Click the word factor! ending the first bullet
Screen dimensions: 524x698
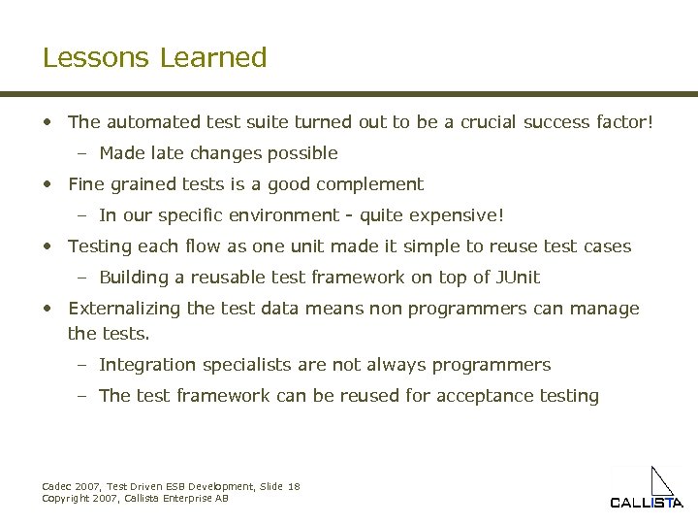click(x=620, y=122)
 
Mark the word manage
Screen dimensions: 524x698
click(x=606, y=309)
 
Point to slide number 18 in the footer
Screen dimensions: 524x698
click(x=294, y=486)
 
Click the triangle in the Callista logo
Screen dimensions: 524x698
click(x=662, y=482)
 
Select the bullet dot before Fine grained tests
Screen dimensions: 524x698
click(x=48, y=184)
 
